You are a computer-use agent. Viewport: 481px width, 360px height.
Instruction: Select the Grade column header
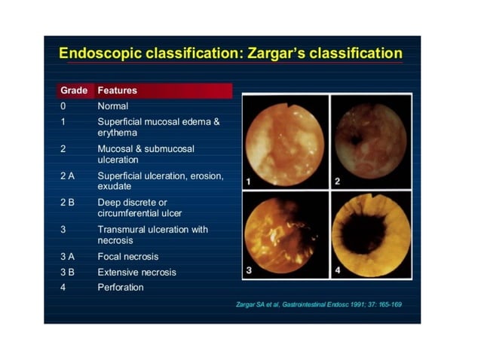coord(74,90)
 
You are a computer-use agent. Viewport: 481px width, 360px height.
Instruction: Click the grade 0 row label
coord(63,106)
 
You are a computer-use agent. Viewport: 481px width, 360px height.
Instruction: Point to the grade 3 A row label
coord(68,257)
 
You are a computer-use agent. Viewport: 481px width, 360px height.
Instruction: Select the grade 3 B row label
coord(68,272)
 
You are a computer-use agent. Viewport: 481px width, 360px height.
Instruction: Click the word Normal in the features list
coord(113,106)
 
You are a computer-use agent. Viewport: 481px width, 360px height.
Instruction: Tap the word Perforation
coord(120,287)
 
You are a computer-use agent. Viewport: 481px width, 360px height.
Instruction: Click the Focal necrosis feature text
coord(128,257)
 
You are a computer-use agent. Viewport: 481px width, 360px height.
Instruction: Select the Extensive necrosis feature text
coord(136,272)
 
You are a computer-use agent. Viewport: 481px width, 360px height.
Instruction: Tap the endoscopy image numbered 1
coord(285,141)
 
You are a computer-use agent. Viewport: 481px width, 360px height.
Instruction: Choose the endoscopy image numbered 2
coord(370,141)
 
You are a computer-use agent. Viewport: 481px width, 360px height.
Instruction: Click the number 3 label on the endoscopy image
coord(249,270)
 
